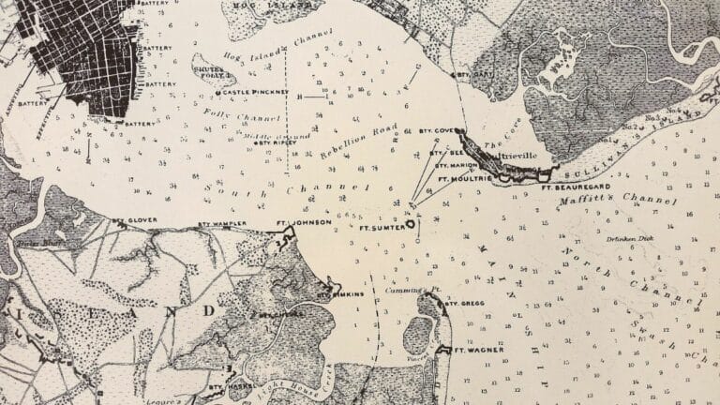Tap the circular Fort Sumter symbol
coord(410,225)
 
